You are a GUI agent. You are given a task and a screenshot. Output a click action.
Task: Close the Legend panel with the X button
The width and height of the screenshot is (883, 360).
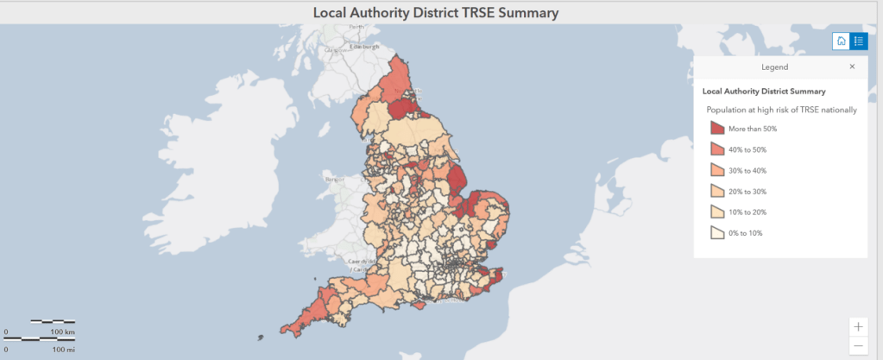pyautogui.click(x=852, y=66)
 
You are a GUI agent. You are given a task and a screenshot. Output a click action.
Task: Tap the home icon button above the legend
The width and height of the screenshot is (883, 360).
pyautogui.click(x=841, y=41)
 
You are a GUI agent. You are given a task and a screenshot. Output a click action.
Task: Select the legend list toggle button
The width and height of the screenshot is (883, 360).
pyautogui.click(x=859, y=41)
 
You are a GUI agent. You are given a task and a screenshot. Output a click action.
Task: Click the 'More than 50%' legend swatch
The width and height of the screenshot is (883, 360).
pyautogui.click(x=717, y=129)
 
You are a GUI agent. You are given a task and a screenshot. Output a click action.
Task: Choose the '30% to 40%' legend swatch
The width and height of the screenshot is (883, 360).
pyautogui.click(x=717, y=170)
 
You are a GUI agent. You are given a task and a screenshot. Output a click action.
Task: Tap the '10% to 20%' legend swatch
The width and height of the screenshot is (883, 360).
pyautogui.click(x=717, y=212)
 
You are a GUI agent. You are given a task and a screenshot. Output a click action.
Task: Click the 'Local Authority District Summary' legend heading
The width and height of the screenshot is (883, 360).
pyautogui.click(x=764, y=91)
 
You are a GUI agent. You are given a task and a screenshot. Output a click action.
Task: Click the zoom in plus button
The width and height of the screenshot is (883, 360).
pyautogui.click(x=858, y=326)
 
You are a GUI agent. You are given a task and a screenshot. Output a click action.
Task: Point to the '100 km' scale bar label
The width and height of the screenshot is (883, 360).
pyautogui.click(x=63, y=332)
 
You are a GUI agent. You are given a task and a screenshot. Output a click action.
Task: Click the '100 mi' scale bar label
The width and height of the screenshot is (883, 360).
pyautogui.click(x=62, y=350)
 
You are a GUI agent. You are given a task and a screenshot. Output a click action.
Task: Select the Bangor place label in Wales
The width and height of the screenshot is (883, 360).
pyautogui.click(x=335, y=180)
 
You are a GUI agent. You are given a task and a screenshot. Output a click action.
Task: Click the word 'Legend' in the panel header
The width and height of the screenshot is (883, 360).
pyautogui.click(x=774, y=66)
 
